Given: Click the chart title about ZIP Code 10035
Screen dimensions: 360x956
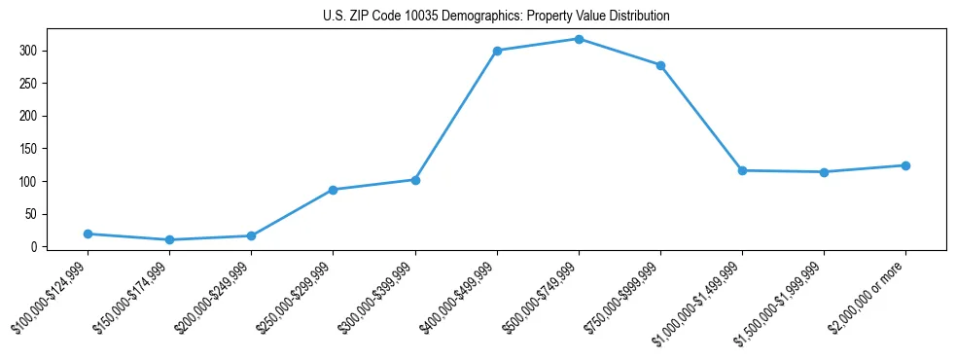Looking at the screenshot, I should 496,17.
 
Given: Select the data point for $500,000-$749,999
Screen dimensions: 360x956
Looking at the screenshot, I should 579,39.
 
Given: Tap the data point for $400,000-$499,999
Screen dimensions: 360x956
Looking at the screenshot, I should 497,51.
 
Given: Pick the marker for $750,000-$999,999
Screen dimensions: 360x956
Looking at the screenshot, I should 660,65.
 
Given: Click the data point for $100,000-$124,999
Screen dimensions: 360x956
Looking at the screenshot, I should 88,234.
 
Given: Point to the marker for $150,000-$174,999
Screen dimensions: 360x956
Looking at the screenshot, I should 169,239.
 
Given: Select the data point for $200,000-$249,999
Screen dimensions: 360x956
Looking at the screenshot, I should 251,235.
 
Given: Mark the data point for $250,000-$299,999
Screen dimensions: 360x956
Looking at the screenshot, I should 333,190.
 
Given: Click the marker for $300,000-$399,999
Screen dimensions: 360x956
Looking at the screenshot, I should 415,180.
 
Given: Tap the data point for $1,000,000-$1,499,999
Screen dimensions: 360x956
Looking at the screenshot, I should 742,170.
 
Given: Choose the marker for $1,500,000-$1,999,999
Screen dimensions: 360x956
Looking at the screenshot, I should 824,172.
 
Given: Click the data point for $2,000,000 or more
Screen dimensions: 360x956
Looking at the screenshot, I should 905,165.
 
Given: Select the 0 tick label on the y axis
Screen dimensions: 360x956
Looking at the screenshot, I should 47,247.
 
